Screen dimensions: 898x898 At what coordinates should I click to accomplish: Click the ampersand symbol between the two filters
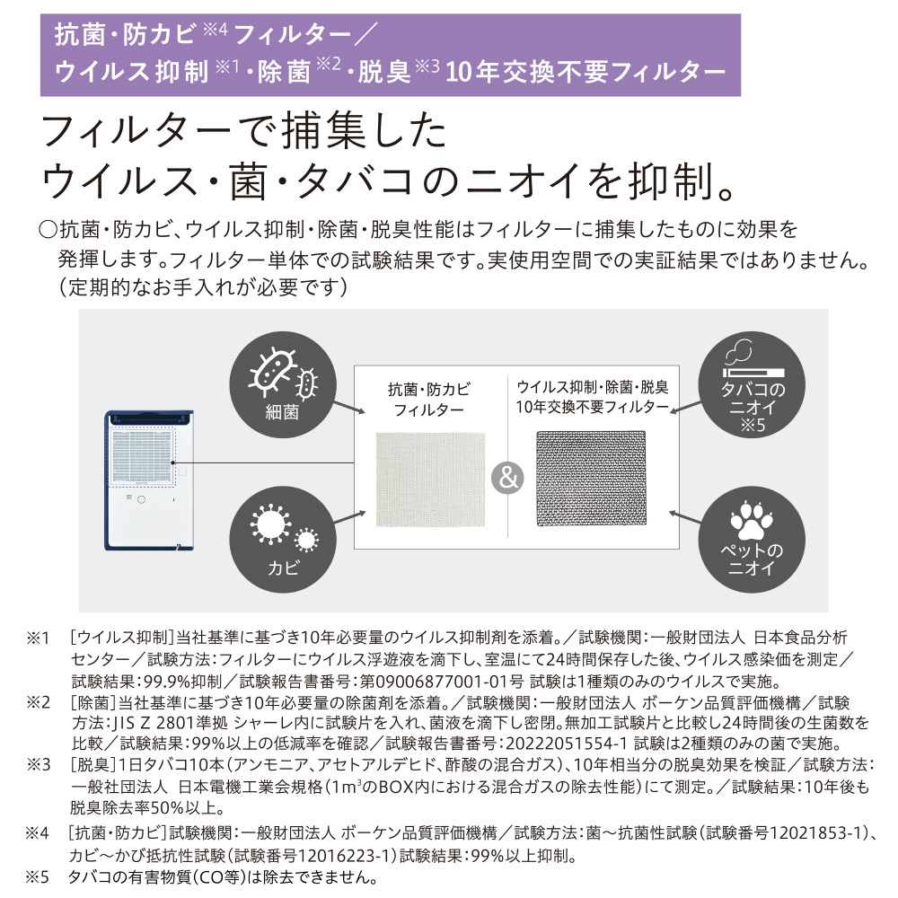(507, 478)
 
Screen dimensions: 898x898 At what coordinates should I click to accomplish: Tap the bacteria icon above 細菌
(283, 373)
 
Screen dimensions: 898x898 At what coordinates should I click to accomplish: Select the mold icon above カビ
(284, 529)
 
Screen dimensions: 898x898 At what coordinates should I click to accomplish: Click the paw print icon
(752, 520)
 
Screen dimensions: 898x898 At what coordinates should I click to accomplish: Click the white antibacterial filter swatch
(430, 480)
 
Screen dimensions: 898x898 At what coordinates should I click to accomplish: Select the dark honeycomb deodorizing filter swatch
(591, 479)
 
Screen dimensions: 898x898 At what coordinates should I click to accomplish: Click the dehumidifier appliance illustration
(149, 480)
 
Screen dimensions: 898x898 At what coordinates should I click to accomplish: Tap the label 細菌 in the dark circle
(282, 412)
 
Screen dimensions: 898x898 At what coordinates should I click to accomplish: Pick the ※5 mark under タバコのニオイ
(753, 425)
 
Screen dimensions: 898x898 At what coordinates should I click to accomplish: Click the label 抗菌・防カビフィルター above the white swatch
(429, 400)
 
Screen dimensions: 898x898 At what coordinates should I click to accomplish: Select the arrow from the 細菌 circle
(348, 407)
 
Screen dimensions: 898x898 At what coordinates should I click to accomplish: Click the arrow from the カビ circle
(349, 517)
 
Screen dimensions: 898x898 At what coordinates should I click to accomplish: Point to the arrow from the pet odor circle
(685, 517)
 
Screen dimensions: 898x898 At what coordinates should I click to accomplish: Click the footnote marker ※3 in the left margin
(39, 764)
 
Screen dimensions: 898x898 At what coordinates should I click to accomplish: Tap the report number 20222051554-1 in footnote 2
(567, 744)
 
